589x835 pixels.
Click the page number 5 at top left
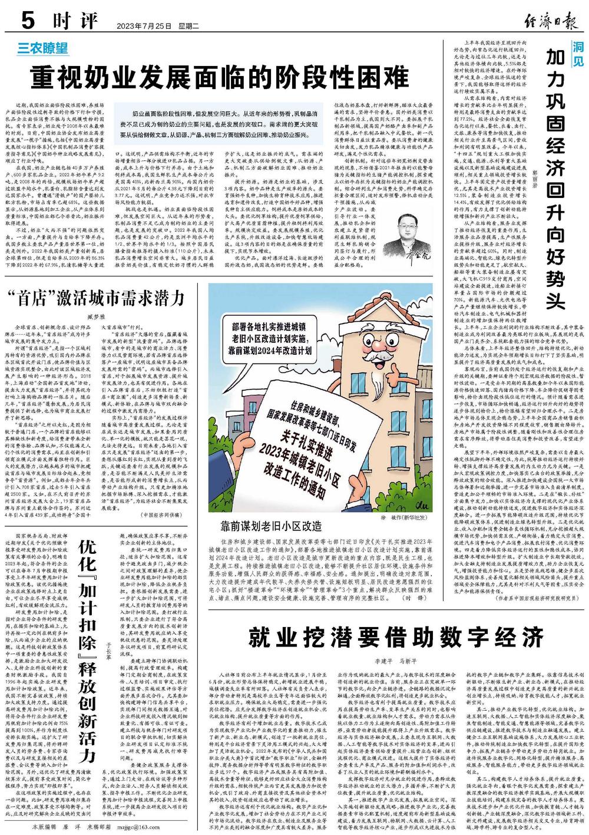click(28, 22)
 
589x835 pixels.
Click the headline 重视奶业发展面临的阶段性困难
click(220, 76)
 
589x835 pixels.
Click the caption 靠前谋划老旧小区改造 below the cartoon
click(272, 524)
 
